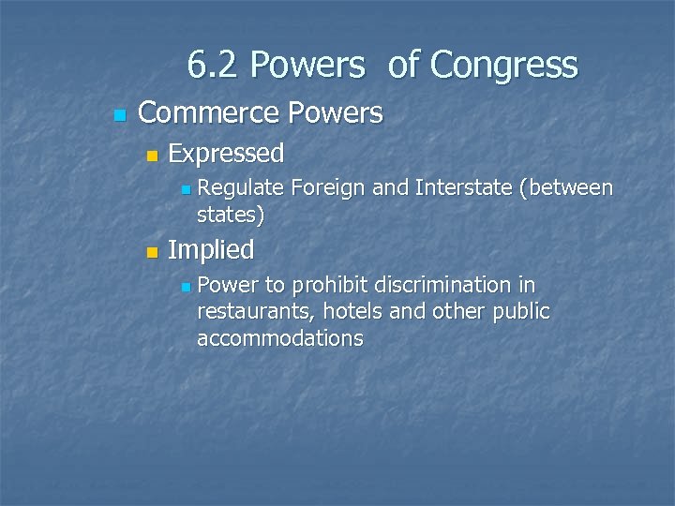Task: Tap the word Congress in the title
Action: [x=503, y=66]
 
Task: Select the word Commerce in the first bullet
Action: [x=208, y=113]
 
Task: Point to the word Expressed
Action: [x=226, y=153]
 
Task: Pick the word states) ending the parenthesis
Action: [x=231, y=215]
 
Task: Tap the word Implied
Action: [x=211, y=250]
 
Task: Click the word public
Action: [x=520, y=311]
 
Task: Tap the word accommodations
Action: [x=279, y=338]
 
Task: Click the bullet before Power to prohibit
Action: [x=186, y=287]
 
